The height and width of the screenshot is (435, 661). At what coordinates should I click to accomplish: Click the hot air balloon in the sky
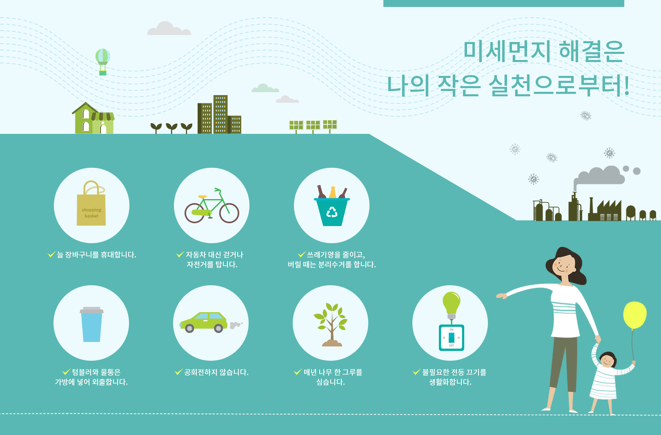[x=103, y=61]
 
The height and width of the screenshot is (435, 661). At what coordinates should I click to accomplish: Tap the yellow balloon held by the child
[x=635, y=315]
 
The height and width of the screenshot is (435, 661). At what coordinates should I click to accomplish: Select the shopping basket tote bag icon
[x=91, y=203]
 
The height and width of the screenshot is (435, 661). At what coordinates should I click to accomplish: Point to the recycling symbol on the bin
[x=332, y=212]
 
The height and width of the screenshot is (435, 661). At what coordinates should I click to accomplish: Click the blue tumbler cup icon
[x=91, y=324]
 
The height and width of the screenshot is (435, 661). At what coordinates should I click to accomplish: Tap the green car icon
[x=204, y=322]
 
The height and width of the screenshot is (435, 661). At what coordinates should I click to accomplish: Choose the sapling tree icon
[x=331, y=324]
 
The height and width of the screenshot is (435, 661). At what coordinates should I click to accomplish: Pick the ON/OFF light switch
[x=452, y=338]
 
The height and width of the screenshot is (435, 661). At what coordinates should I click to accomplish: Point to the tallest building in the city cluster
[x=220, y=114]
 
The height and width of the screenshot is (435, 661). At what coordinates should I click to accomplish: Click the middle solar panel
[x=313, y=126]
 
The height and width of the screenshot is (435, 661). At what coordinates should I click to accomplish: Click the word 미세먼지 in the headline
[x=507, y=51]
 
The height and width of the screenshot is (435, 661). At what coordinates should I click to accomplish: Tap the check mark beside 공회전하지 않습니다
[x=178, y=372]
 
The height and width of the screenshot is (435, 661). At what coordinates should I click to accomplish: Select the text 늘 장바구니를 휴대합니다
[x=96, y=255]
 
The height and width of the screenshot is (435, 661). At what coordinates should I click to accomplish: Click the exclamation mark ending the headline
[x=626, y=86]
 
